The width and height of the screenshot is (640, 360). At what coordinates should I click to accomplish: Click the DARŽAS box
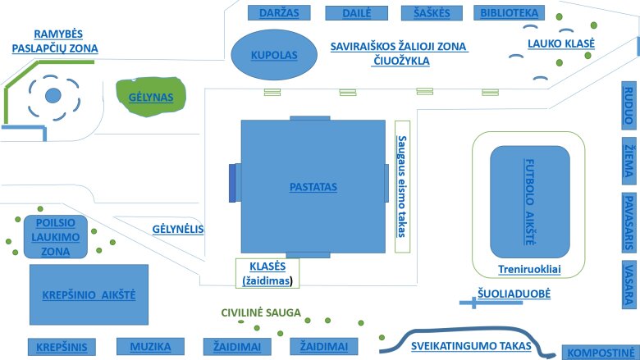[x=273, y=13]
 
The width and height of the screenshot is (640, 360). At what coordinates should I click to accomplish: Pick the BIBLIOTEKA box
[x=510, y=13]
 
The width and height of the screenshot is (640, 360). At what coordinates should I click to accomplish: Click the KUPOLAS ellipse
[x=273, y=55]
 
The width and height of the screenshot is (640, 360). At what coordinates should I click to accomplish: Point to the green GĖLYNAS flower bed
[x=152, y=97]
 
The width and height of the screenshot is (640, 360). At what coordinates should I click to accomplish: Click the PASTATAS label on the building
[x=313, y=187]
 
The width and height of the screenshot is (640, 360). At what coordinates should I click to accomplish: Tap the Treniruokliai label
[x=529, y=269]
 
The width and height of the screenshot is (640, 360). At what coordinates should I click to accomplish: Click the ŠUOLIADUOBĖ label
[x=514, y=293]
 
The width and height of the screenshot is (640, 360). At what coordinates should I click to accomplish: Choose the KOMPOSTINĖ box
[x=599, y=353]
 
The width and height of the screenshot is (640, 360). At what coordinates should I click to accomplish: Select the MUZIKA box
[x=150, y=347]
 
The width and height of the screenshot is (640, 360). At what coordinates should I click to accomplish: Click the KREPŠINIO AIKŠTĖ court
[x=89, y=294]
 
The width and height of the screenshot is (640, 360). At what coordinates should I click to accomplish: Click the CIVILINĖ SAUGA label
[x=261, y=312]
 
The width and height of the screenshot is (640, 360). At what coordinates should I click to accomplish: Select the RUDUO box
[x=629, y=104]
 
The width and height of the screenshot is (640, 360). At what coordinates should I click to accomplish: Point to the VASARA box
[x=629, y=284]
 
